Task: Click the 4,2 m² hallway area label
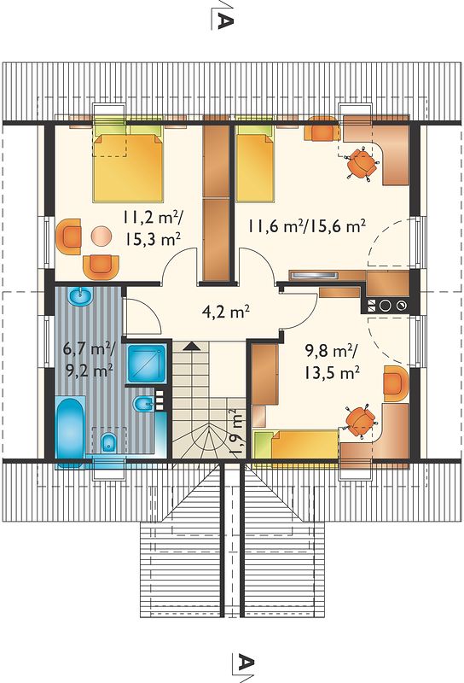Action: (226, 312)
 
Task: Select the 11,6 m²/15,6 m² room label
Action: (307, 225)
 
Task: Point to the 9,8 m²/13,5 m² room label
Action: (331, 361)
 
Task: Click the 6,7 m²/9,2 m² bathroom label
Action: (89, 359)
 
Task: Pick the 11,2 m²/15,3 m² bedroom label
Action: (152, 227)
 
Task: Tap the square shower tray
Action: (146, 364)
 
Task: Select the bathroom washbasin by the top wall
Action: (80, 296)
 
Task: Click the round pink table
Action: (101, 236)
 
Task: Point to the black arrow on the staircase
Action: (191, 347)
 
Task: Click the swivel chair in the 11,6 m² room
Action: (362, 163)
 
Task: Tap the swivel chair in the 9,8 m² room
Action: (361, 421)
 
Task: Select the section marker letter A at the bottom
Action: (245, 663)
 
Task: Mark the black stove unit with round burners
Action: (386, 306)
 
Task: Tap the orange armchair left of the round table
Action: (69, 236)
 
